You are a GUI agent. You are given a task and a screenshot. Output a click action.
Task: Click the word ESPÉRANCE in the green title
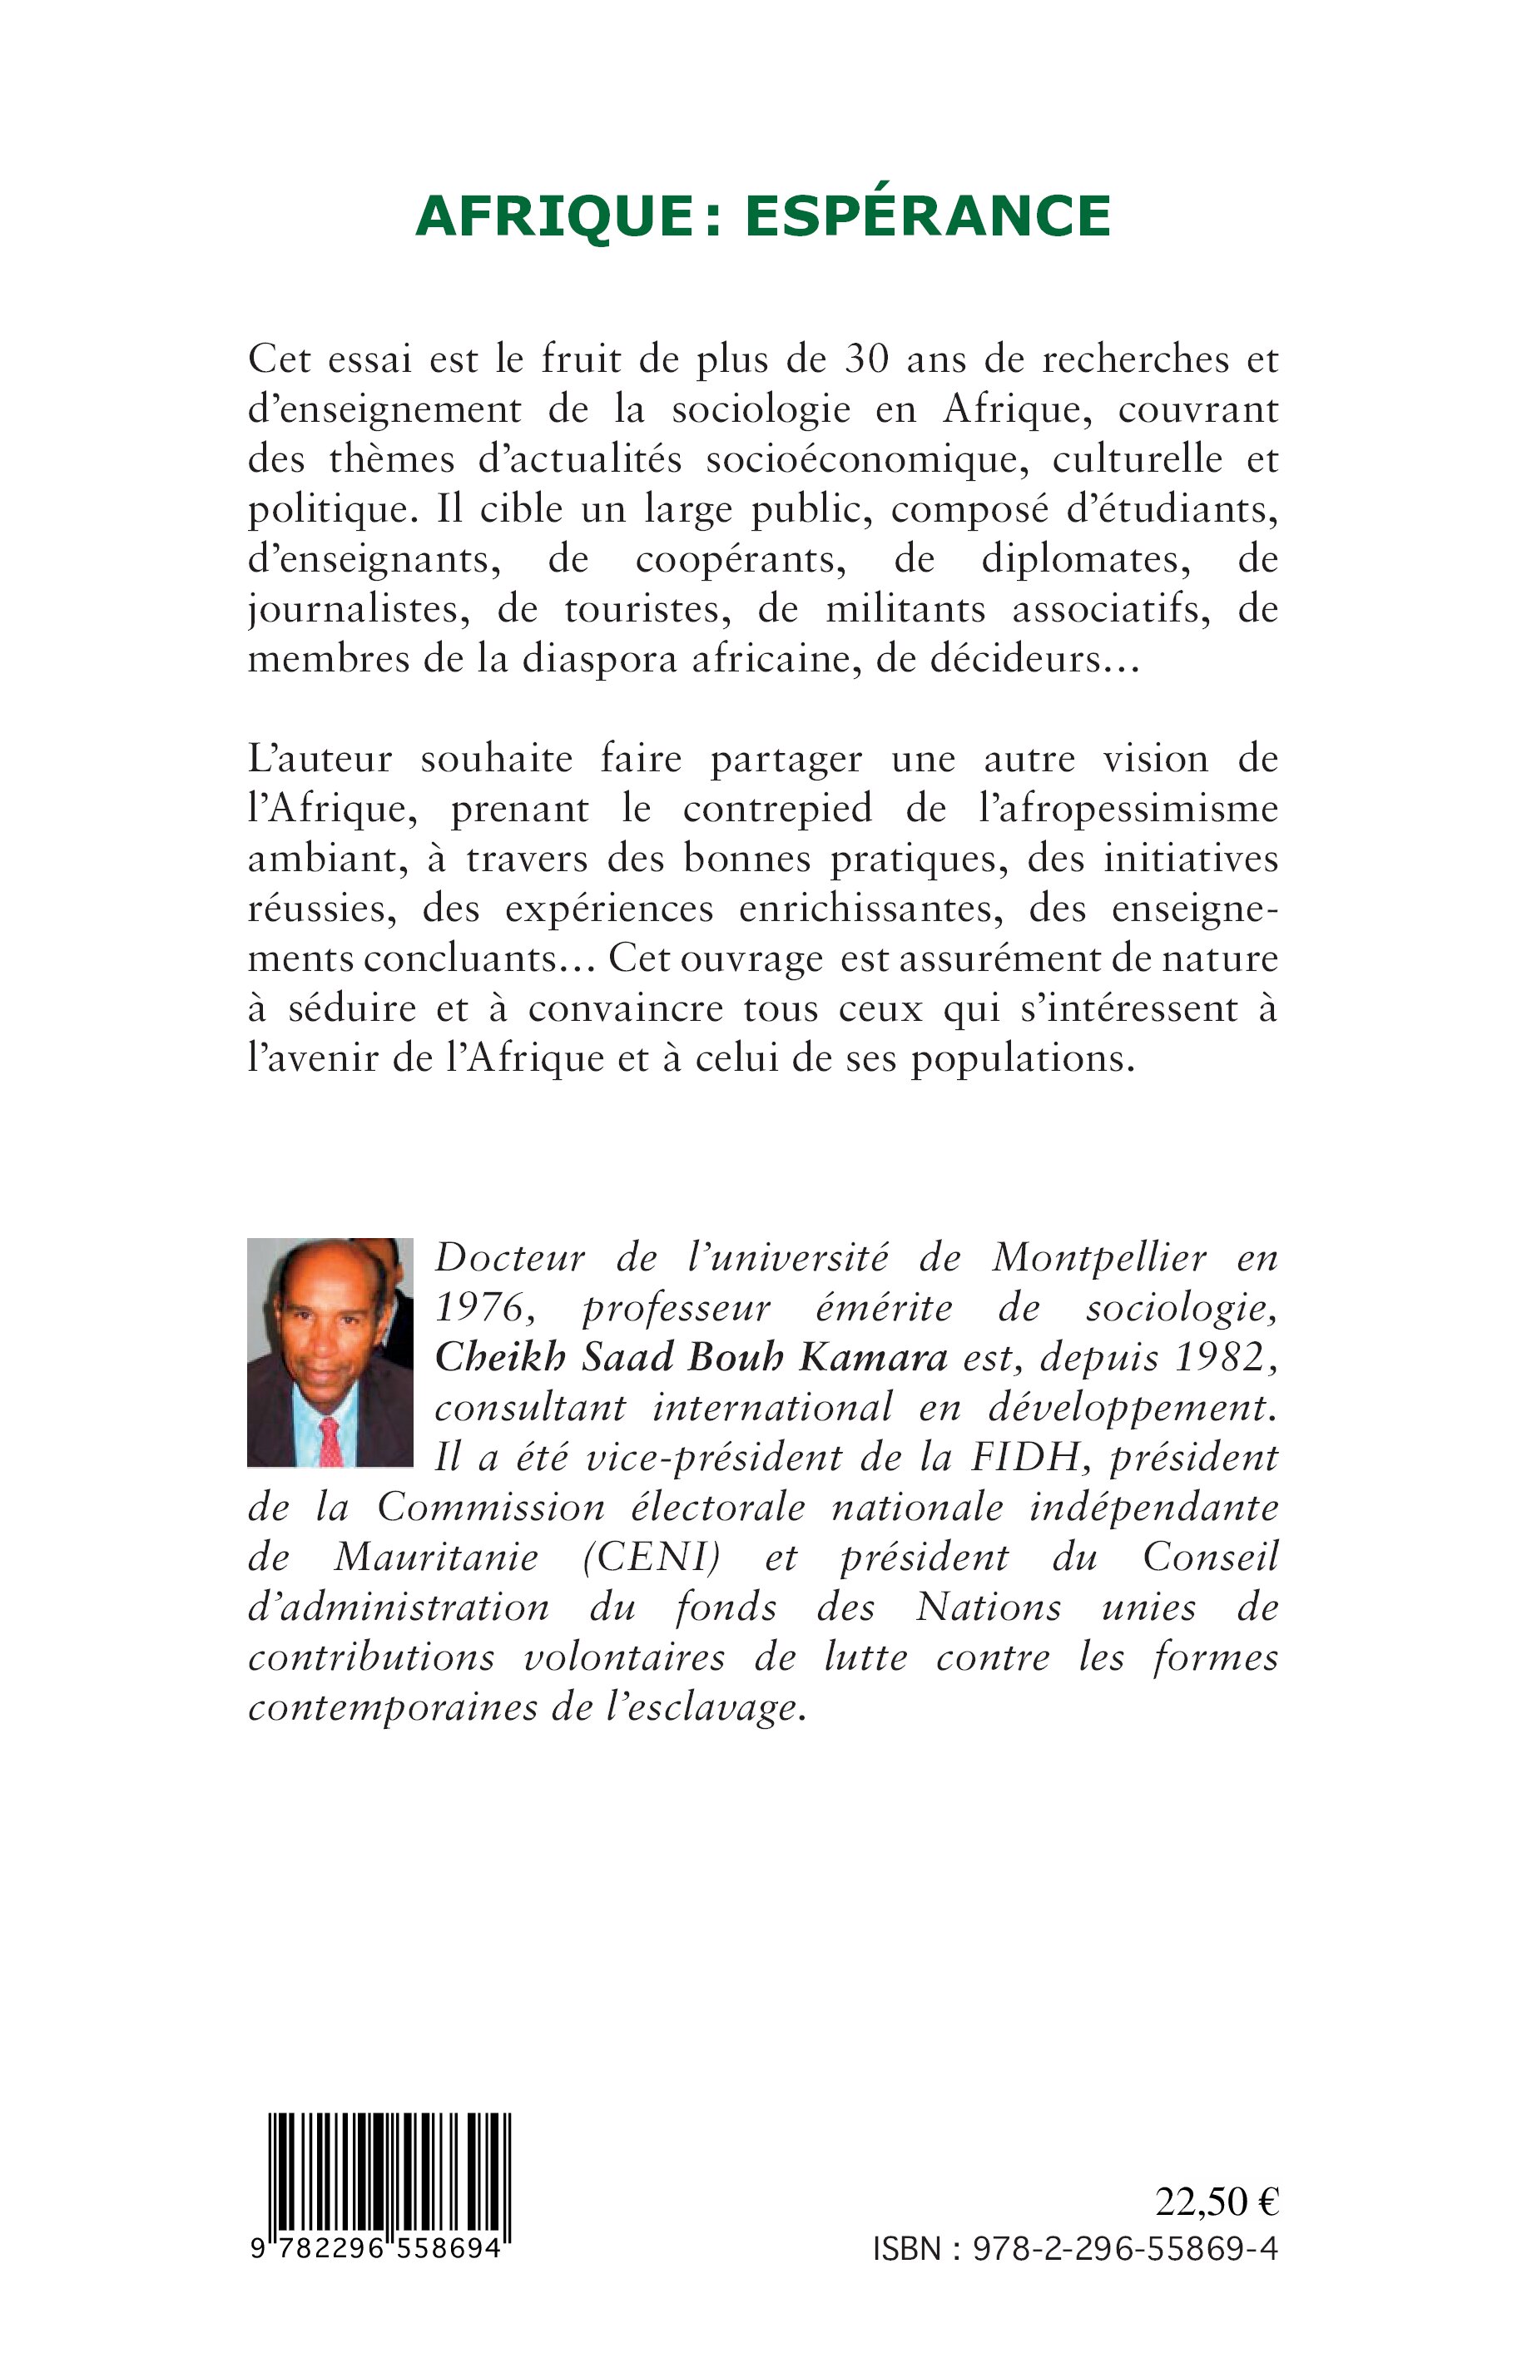tap(928, 216)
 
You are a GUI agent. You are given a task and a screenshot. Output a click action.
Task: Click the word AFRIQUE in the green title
tap(555, 216)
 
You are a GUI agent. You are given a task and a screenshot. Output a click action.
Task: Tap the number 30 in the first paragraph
tap(865, 359)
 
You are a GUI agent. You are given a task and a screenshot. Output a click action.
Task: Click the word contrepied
tap(778, 809)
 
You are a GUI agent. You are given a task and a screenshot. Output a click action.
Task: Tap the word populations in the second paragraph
tap(1022, 1058)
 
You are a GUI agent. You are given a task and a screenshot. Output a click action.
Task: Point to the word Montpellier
tap(1099, 1258)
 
